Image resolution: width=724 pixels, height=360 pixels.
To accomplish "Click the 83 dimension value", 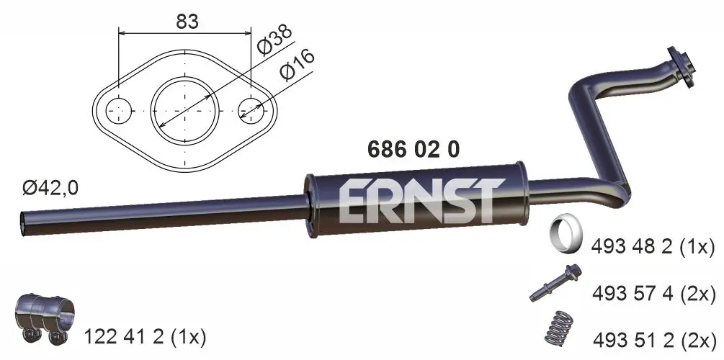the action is (187, 21).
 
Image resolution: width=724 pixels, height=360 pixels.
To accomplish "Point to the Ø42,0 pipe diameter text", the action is (50, 189).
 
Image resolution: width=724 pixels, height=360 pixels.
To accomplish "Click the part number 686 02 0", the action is (414, 149).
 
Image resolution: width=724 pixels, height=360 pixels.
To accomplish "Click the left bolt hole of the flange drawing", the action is (119, 110).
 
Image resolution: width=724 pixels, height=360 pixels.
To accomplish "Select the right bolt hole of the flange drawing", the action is (251, 110).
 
